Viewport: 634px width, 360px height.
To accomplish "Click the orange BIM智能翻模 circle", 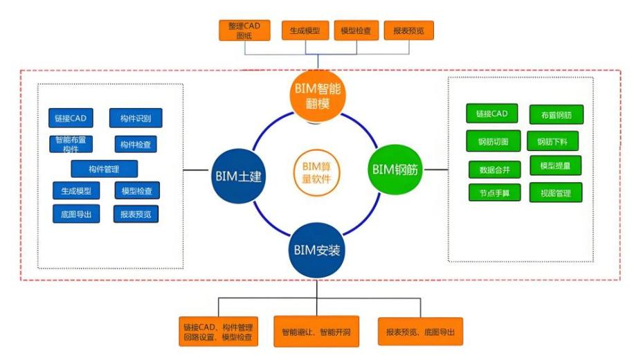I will point(316,98).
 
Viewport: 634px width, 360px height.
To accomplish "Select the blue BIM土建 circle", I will point(237,176).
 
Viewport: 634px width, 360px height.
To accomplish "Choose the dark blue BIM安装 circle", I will point(316,250).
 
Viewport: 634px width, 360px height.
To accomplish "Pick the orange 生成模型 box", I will point(305,30).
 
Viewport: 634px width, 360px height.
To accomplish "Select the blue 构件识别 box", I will point(135,118).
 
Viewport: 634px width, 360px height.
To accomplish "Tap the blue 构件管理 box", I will point(105,168).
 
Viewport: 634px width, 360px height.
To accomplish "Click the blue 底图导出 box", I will point(75,214).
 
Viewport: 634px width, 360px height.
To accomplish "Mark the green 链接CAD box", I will point(491,114).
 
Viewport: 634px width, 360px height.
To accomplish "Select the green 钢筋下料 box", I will point(552,142).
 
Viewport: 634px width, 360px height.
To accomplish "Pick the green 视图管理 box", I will point(556,192).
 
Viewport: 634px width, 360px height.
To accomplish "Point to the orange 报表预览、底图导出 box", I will point(420,332).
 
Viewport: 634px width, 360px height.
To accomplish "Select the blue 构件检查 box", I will point(136,145).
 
